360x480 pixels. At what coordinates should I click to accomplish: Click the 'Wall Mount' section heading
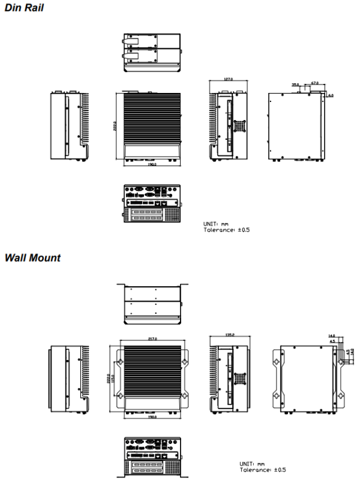32,257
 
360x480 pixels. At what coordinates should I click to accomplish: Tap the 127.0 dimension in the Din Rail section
228,79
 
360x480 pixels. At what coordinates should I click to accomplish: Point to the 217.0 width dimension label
152,339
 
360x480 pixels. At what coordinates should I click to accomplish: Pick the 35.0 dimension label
296,85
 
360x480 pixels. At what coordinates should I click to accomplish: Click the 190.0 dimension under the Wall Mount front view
152,416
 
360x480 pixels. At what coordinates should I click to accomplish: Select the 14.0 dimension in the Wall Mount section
332,336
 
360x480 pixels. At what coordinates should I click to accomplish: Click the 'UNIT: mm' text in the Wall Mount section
252,463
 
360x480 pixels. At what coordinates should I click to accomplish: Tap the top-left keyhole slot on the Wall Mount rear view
277,362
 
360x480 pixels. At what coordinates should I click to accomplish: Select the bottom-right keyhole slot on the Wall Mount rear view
341,397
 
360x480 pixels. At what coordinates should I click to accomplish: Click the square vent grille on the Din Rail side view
241,125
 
